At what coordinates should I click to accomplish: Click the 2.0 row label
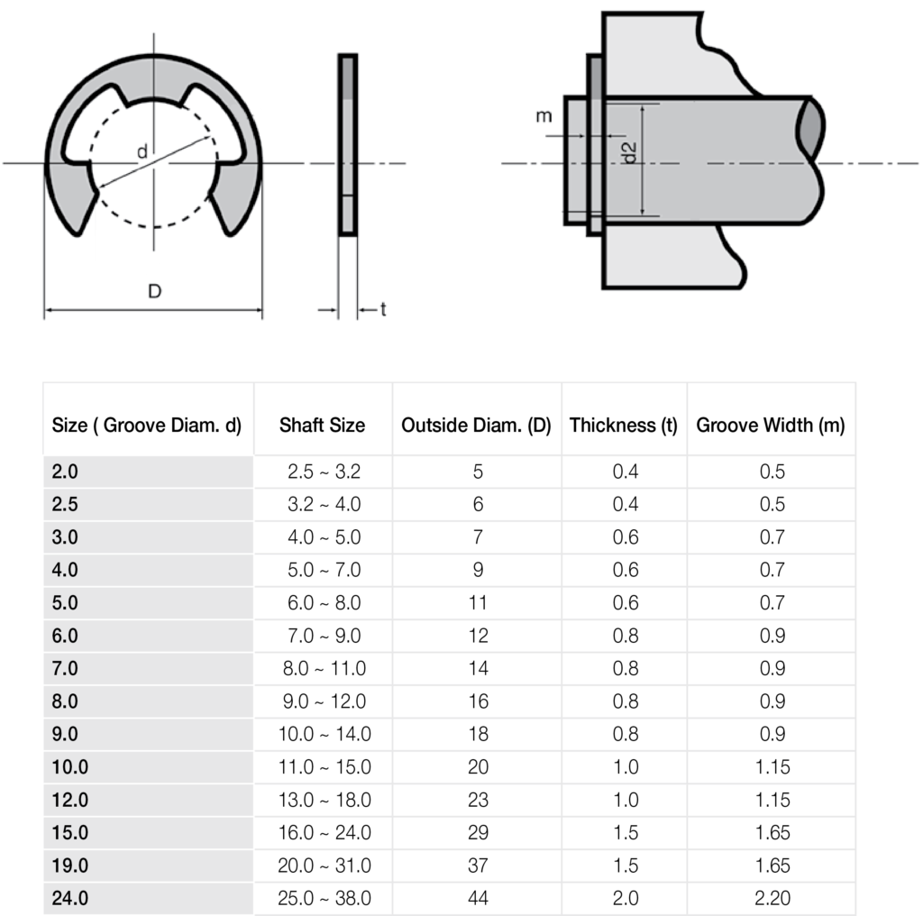coord(66,472)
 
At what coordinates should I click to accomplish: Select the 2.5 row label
coord(66,505)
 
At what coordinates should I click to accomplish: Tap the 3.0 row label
coord(66,537)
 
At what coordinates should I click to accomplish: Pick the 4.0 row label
coord(66,571)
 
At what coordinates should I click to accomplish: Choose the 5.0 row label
coord(66,603)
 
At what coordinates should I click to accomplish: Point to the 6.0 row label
coord(66,636)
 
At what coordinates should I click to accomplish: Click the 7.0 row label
coord(66,669)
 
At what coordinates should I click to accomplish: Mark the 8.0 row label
coord(66,701)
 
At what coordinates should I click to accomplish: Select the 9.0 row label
coord(66,735)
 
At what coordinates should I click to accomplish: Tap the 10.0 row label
coord(69,767)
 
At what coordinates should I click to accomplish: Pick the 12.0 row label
coord(69,801)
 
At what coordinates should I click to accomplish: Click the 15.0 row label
coord(69,833)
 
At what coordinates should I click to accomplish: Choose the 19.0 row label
coord(69,866)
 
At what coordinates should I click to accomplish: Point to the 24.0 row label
coord(69,899)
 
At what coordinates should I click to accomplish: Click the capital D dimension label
coord(155,292)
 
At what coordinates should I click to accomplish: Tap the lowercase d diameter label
coord(142,152)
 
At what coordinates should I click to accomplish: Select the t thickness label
coord(383,310)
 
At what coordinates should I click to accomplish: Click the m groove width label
coord(544,116)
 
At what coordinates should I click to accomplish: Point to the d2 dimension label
coord(630,152)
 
